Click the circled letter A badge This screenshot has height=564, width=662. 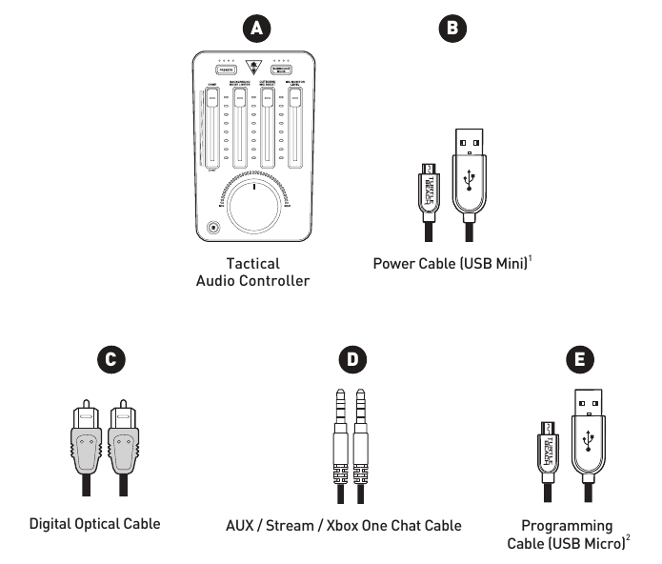tap(254, 29)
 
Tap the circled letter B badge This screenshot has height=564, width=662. tap(452, 29)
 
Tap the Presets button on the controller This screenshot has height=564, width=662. tap(226, 70)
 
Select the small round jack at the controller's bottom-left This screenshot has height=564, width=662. tap(213, 229)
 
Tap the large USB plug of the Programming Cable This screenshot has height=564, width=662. tap(588, 433)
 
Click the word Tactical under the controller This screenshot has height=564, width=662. tap(253, 263)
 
